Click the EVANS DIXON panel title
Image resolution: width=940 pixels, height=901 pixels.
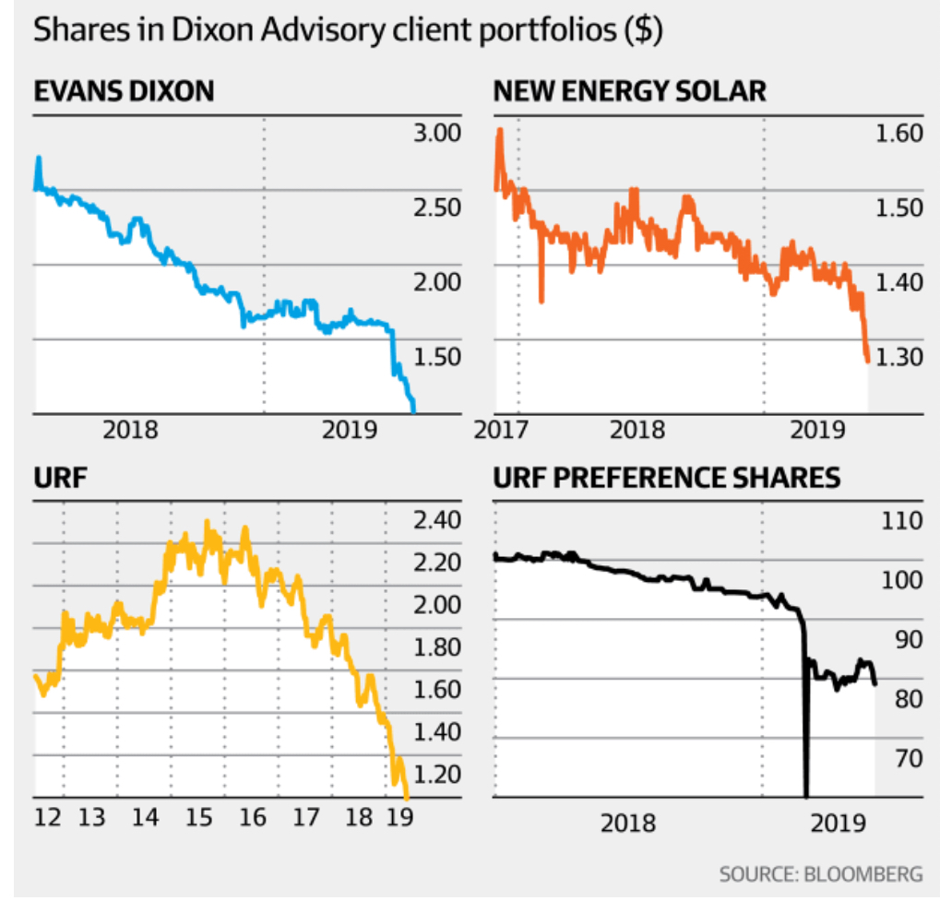pos(124,91)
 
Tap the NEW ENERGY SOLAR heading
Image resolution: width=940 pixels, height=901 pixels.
pos(630,91)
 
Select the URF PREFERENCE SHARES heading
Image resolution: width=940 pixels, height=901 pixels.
pos(666,478)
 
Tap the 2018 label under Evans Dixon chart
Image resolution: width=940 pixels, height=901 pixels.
pos(131,431)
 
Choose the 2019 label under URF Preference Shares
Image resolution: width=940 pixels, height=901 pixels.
pos(835,820)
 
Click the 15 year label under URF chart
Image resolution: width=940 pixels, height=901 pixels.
pos(199,817)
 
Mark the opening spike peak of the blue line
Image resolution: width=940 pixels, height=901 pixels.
pos(39,158)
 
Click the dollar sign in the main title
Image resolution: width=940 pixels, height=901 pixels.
pos(641,30)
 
